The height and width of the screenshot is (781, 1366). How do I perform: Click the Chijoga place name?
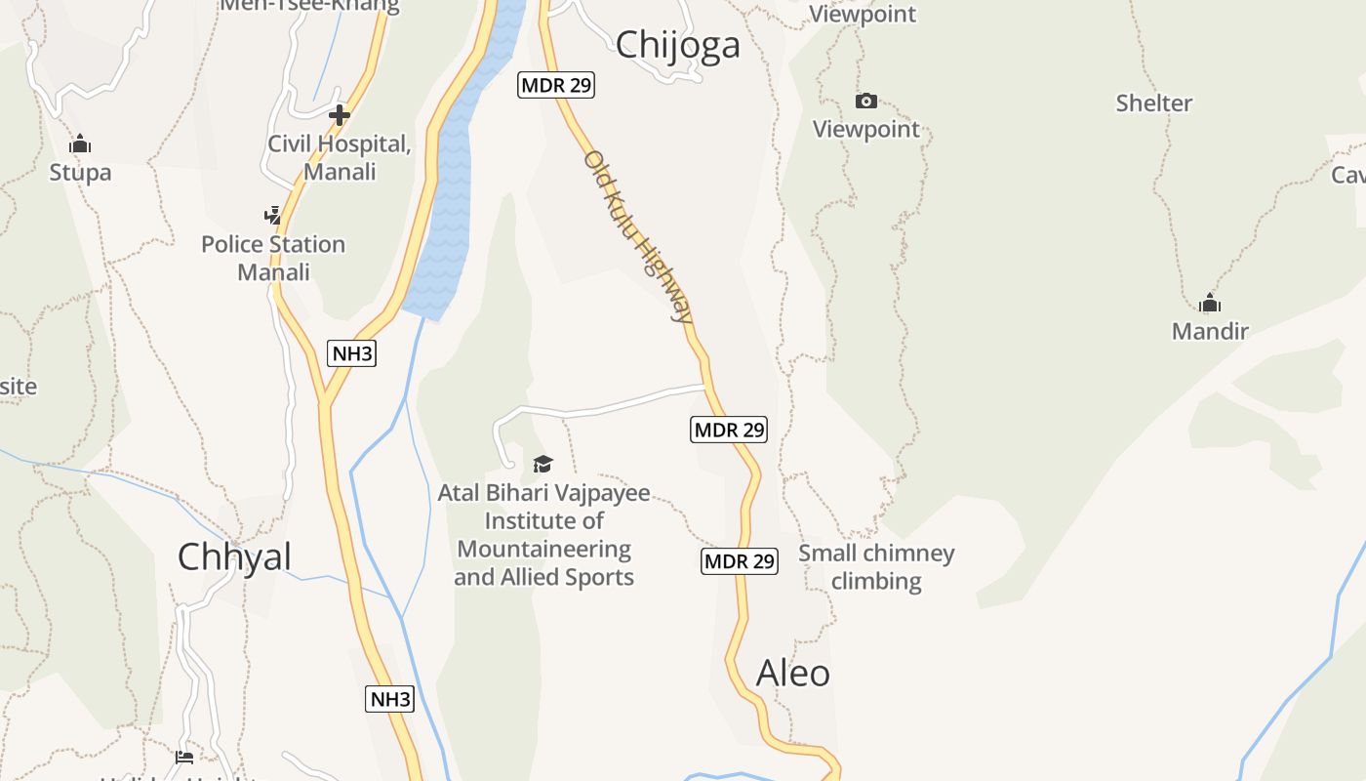[677, 45]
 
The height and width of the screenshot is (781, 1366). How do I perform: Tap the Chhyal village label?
[234, 556]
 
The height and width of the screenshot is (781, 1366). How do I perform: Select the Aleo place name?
[793, 673]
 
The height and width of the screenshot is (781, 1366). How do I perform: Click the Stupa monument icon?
[80, 144]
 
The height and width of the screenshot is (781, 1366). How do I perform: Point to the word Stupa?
[80, 173]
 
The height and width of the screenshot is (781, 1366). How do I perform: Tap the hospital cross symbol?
[339, 115]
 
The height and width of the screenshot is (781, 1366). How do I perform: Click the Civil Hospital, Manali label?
[340, 157]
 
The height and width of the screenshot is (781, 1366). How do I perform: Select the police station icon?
[273, 215]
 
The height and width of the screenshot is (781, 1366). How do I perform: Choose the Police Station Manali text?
[273, 258]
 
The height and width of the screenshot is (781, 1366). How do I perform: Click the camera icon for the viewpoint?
[865, 101]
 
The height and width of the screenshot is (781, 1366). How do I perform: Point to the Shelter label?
[1154, 103]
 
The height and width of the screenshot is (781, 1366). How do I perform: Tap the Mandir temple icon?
[1210, 303]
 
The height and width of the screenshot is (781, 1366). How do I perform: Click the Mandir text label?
[1210, 331]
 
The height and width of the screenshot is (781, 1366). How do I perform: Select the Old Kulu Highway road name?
[639, 236]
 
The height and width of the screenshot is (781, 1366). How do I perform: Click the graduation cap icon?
[542, 464]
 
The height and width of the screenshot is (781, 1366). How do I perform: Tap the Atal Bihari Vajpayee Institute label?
[543, 535]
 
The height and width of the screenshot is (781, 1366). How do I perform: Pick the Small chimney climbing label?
[876, 567]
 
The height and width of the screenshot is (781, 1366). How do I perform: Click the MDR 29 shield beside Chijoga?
[555, 85]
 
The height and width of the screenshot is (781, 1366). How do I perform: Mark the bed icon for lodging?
[183, 757]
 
